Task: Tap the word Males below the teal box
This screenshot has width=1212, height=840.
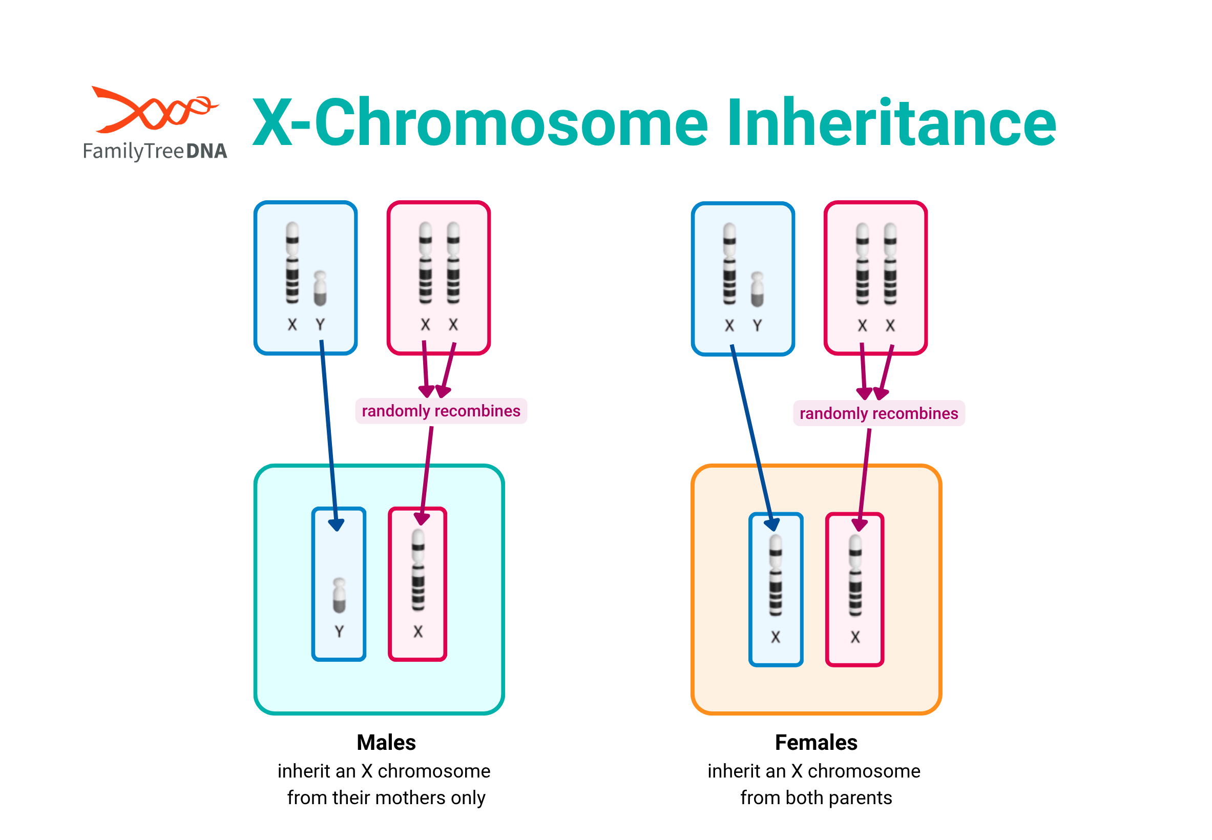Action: [386, 742]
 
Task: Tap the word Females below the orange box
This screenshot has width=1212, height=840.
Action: [816, 742]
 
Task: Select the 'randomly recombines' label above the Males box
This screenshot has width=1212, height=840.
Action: [441, 411]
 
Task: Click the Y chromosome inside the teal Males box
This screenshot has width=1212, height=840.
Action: [339, 595]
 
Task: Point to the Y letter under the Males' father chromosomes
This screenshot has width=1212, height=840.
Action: [320, 325]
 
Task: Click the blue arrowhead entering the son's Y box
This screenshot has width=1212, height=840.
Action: [336, 524]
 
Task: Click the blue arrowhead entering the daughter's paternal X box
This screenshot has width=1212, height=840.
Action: [771, 524]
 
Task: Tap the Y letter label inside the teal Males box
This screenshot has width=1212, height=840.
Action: [339, 631]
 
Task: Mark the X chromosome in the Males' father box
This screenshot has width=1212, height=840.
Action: [291, 263]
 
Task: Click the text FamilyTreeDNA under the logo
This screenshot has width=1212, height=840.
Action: [155, 152]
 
